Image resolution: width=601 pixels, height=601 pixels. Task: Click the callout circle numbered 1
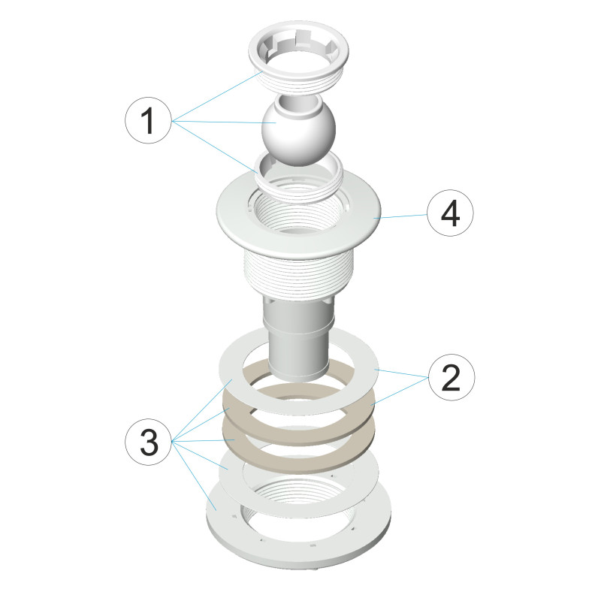click(148, 120)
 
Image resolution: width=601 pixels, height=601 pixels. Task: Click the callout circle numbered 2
click(452, 378)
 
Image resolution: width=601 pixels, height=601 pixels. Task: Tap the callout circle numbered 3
click(148, 442)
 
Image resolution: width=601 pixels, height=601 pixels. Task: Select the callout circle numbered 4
click(450, 213)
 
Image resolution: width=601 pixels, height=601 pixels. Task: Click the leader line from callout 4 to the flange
click(401, 216)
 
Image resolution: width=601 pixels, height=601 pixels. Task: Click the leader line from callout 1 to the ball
click(225, 122)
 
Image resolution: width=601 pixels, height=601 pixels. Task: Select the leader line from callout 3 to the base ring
click(195, 476)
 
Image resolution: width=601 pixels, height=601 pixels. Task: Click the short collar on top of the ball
click(298, 104)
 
